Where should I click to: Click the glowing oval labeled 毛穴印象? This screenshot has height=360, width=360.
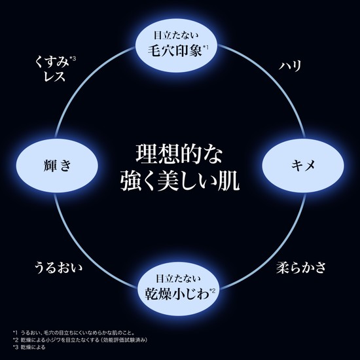tap(176, 45)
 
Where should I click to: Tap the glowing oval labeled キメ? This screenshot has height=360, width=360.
tap(303, 166)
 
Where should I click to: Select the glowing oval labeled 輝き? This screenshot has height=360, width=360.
tap(57, 166)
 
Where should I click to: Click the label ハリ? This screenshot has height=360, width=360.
tap(290, 66)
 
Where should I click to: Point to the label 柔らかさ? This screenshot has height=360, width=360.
tap(301, 268)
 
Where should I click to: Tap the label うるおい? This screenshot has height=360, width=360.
tap(58, 268)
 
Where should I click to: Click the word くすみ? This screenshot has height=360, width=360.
tap(52, 62)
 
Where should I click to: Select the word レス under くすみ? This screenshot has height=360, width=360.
tap(54, 77)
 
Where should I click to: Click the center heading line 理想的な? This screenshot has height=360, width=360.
tap(179, 154)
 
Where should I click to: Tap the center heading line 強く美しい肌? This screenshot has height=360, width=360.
tap(180, 181)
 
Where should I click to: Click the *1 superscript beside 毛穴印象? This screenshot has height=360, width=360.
tap(206, 47)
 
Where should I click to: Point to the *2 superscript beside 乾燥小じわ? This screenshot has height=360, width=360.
tap(212, 291)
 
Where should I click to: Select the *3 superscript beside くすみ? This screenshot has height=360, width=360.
tap(73, 58)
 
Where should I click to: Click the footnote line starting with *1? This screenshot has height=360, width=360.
tap(73, 333)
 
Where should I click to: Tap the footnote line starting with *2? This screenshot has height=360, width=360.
tap(80, 340)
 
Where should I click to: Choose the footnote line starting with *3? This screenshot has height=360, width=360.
tap(29, 347)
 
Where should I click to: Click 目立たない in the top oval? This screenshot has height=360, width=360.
tap(176, 35)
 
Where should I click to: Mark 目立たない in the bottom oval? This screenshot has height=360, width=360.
tap(178, 279)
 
